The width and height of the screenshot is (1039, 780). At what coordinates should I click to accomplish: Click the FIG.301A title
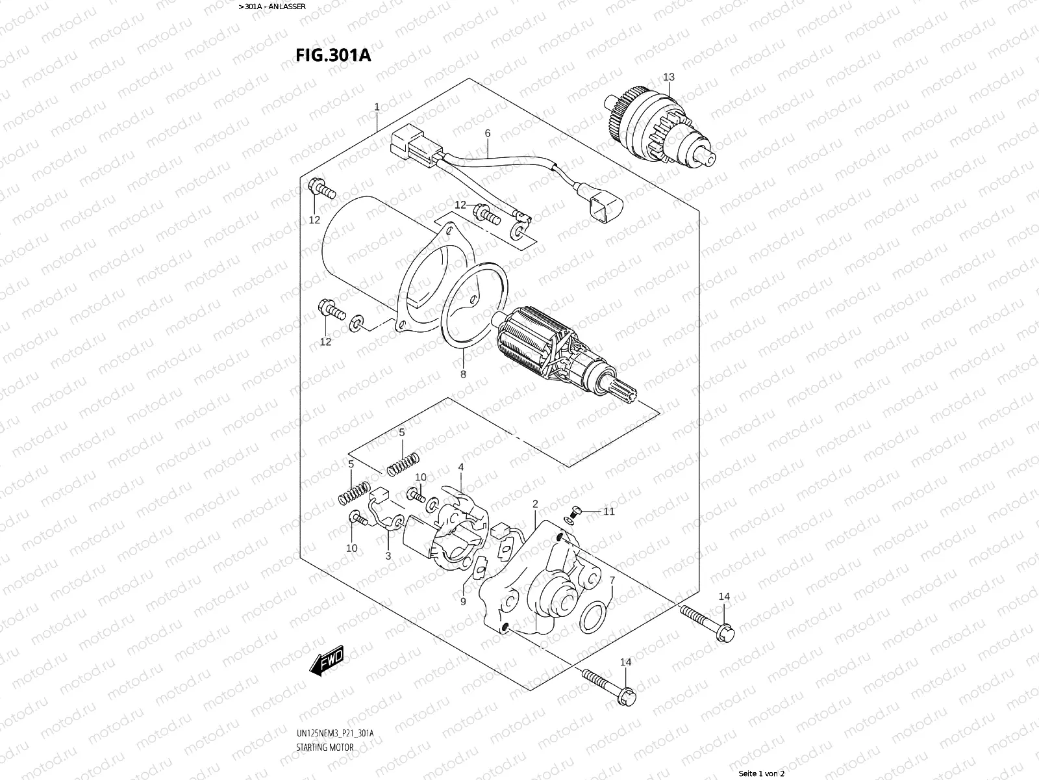[333, 55]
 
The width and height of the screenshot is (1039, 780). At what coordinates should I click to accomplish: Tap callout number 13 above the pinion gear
[669, 77]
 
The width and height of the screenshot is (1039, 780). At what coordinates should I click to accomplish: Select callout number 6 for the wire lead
[487, 134]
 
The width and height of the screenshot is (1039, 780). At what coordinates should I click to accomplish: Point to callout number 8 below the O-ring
[463, 374]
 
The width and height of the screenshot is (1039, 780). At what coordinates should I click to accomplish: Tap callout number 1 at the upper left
[376, 107]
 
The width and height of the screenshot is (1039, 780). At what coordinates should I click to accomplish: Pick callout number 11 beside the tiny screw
[608, 512]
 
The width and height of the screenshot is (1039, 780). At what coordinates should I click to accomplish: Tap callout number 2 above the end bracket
[535, 504]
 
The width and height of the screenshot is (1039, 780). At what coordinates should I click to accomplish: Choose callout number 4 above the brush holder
[460, 467]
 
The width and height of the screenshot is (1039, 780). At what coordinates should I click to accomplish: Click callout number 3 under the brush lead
[388, 556]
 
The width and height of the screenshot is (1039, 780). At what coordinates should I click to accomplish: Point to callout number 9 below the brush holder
[463, 601]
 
